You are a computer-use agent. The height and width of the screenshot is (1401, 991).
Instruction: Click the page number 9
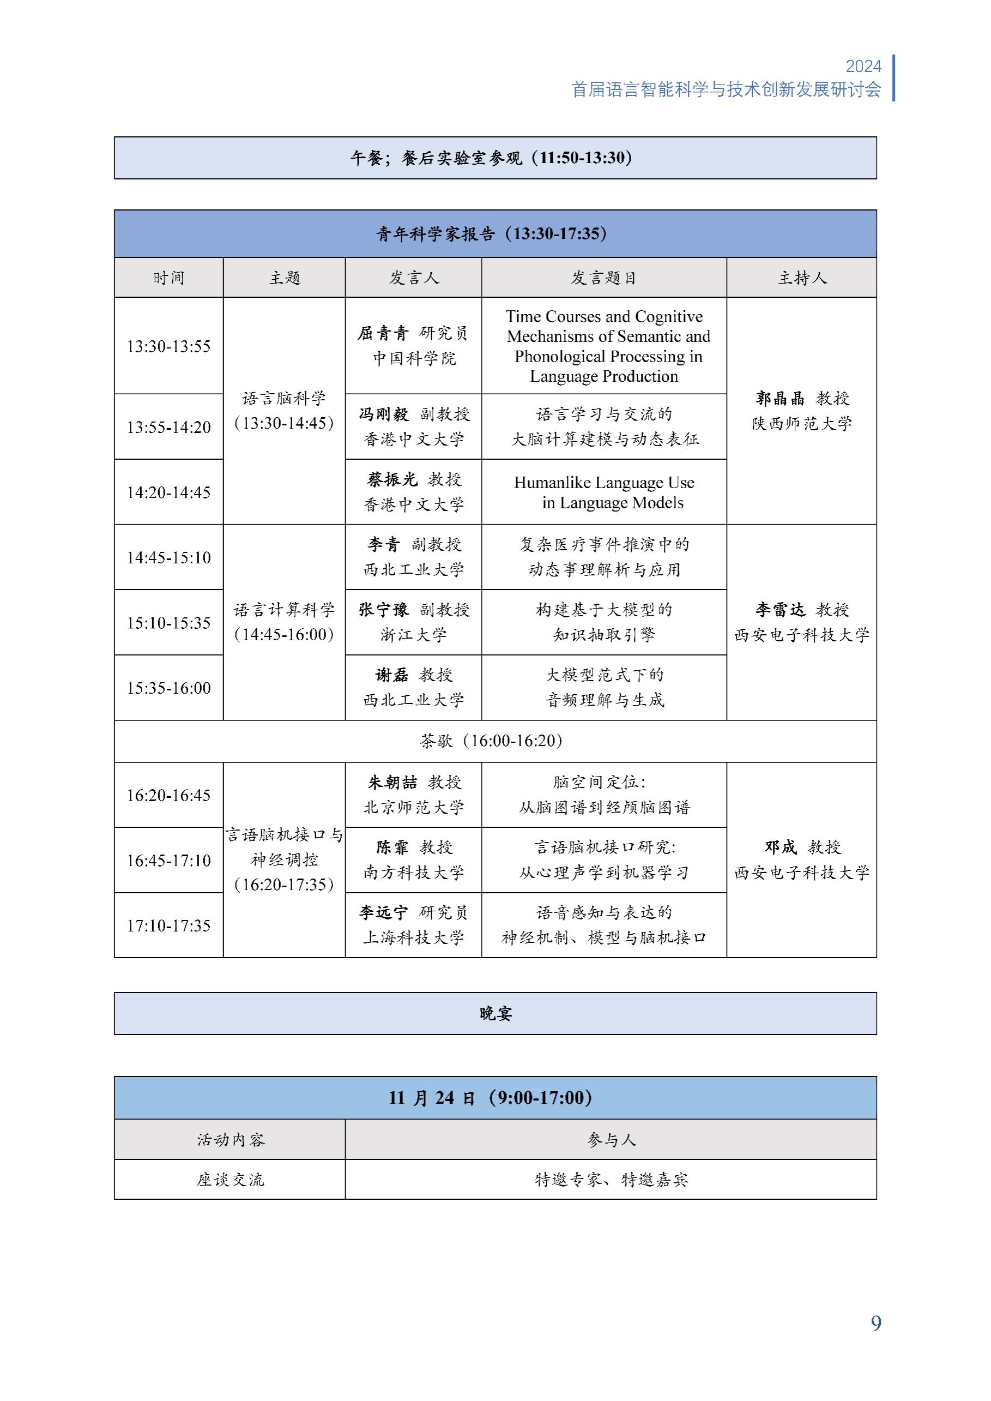point(875,1324)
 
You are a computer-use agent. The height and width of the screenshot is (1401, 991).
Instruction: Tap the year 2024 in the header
point(863,67)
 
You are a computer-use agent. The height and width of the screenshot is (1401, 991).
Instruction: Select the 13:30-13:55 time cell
point(168,346)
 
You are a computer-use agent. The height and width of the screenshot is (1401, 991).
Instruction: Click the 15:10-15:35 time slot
point(168,623)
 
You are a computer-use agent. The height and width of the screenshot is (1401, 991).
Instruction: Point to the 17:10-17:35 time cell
point(168,925)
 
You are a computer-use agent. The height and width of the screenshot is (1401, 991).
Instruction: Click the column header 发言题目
point(603,278)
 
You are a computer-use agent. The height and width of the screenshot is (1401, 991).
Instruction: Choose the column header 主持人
point(801,278)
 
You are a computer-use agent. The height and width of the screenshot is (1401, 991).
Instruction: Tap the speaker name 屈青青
point(383,333)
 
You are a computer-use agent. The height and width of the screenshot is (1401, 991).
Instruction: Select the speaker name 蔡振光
point(392,480)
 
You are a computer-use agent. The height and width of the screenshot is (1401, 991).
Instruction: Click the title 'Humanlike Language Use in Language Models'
point(604,492)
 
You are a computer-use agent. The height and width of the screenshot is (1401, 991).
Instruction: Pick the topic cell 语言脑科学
point(284,399)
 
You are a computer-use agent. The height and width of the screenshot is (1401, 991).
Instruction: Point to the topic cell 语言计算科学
point(284,610)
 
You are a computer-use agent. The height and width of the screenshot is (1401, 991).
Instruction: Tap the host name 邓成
point(780,847)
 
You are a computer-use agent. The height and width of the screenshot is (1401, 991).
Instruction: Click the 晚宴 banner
point(495,1014)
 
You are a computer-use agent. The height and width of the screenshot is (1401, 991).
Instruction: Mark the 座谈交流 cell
point(230,1180)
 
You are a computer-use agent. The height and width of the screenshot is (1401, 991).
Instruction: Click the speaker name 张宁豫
point(383,610)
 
